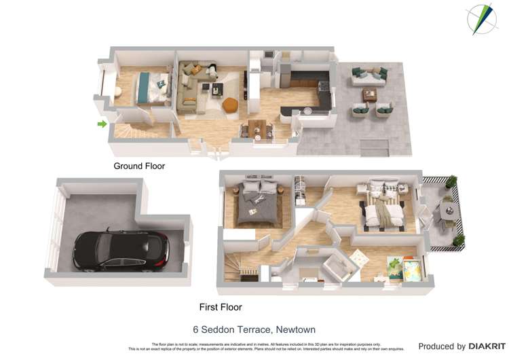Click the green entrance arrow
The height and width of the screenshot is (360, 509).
102,124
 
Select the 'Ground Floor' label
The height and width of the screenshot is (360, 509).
139,166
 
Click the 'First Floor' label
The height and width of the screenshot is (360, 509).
221,307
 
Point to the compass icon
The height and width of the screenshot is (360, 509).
482,18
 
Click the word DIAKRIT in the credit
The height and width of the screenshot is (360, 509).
486,346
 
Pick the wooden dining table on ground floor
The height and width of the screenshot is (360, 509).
257,127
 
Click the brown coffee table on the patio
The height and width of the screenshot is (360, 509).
370,95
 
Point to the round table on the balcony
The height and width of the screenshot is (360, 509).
447,211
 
